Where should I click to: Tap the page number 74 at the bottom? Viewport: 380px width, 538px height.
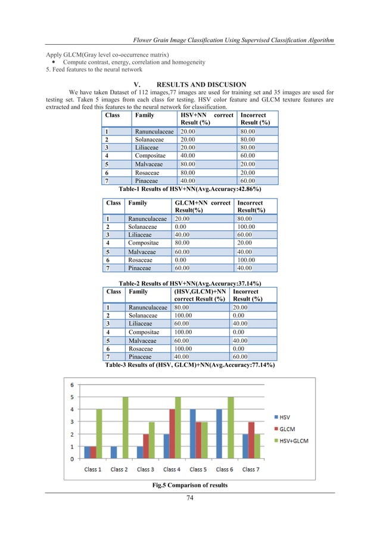189,499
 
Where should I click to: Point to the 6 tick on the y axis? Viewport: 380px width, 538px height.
73,384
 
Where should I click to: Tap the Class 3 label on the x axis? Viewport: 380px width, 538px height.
145,469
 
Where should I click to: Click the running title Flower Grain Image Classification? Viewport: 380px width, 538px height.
233,40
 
